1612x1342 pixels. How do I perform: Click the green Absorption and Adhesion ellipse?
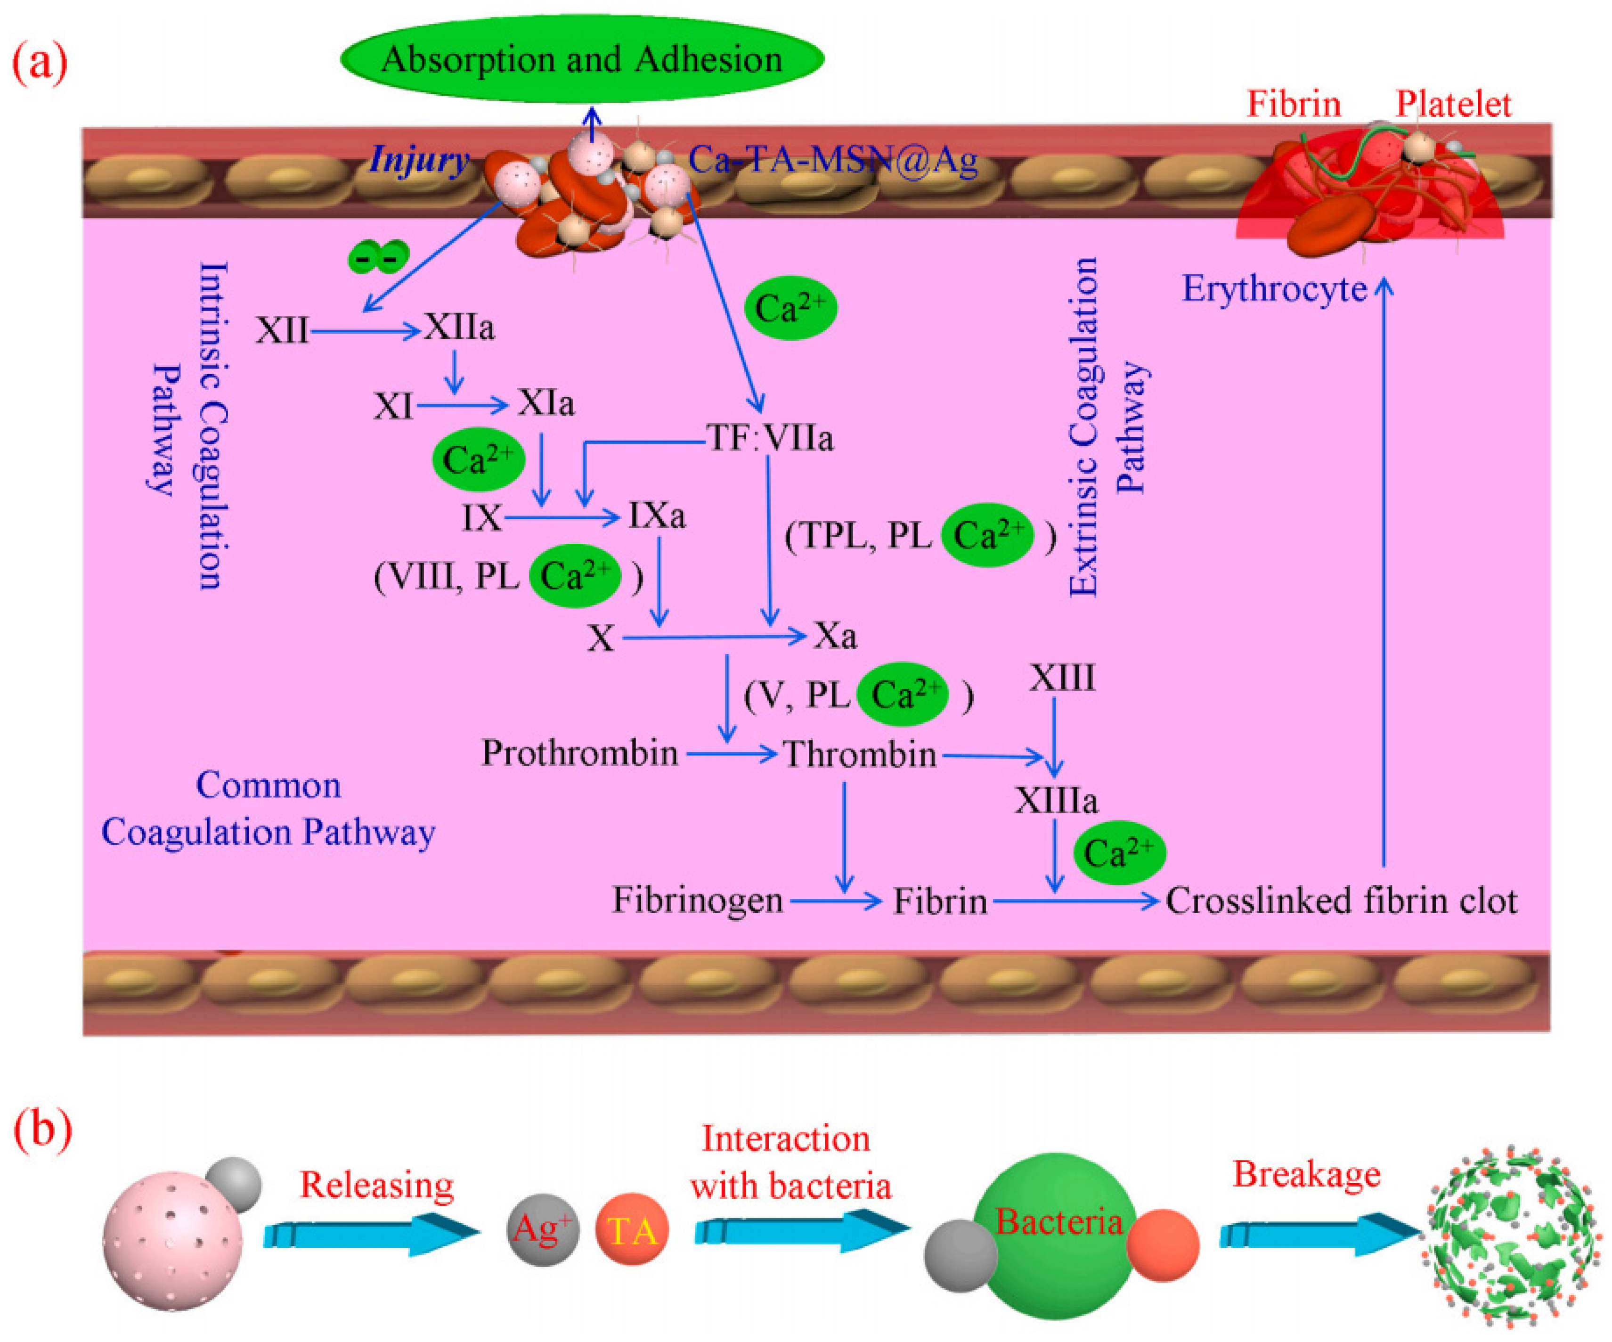(582, 59)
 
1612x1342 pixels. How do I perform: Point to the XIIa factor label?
(459, 328)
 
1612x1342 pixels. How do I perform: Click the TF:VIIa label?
(770, 438)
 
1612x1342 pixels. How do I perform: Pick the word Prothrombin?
(579, 753)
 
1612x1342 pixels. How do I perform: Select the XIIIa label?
(1056, 801)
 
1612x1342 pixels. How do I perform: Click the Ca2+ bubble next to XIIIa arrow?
(1118, 853)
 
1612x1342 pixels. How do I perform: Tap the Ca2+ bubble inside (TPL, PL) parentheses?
(988, 535)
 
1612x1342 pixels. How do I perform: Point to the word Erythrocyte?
(1273, 289)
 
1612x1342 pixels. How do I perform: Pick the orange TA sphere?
(632, 1230)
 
